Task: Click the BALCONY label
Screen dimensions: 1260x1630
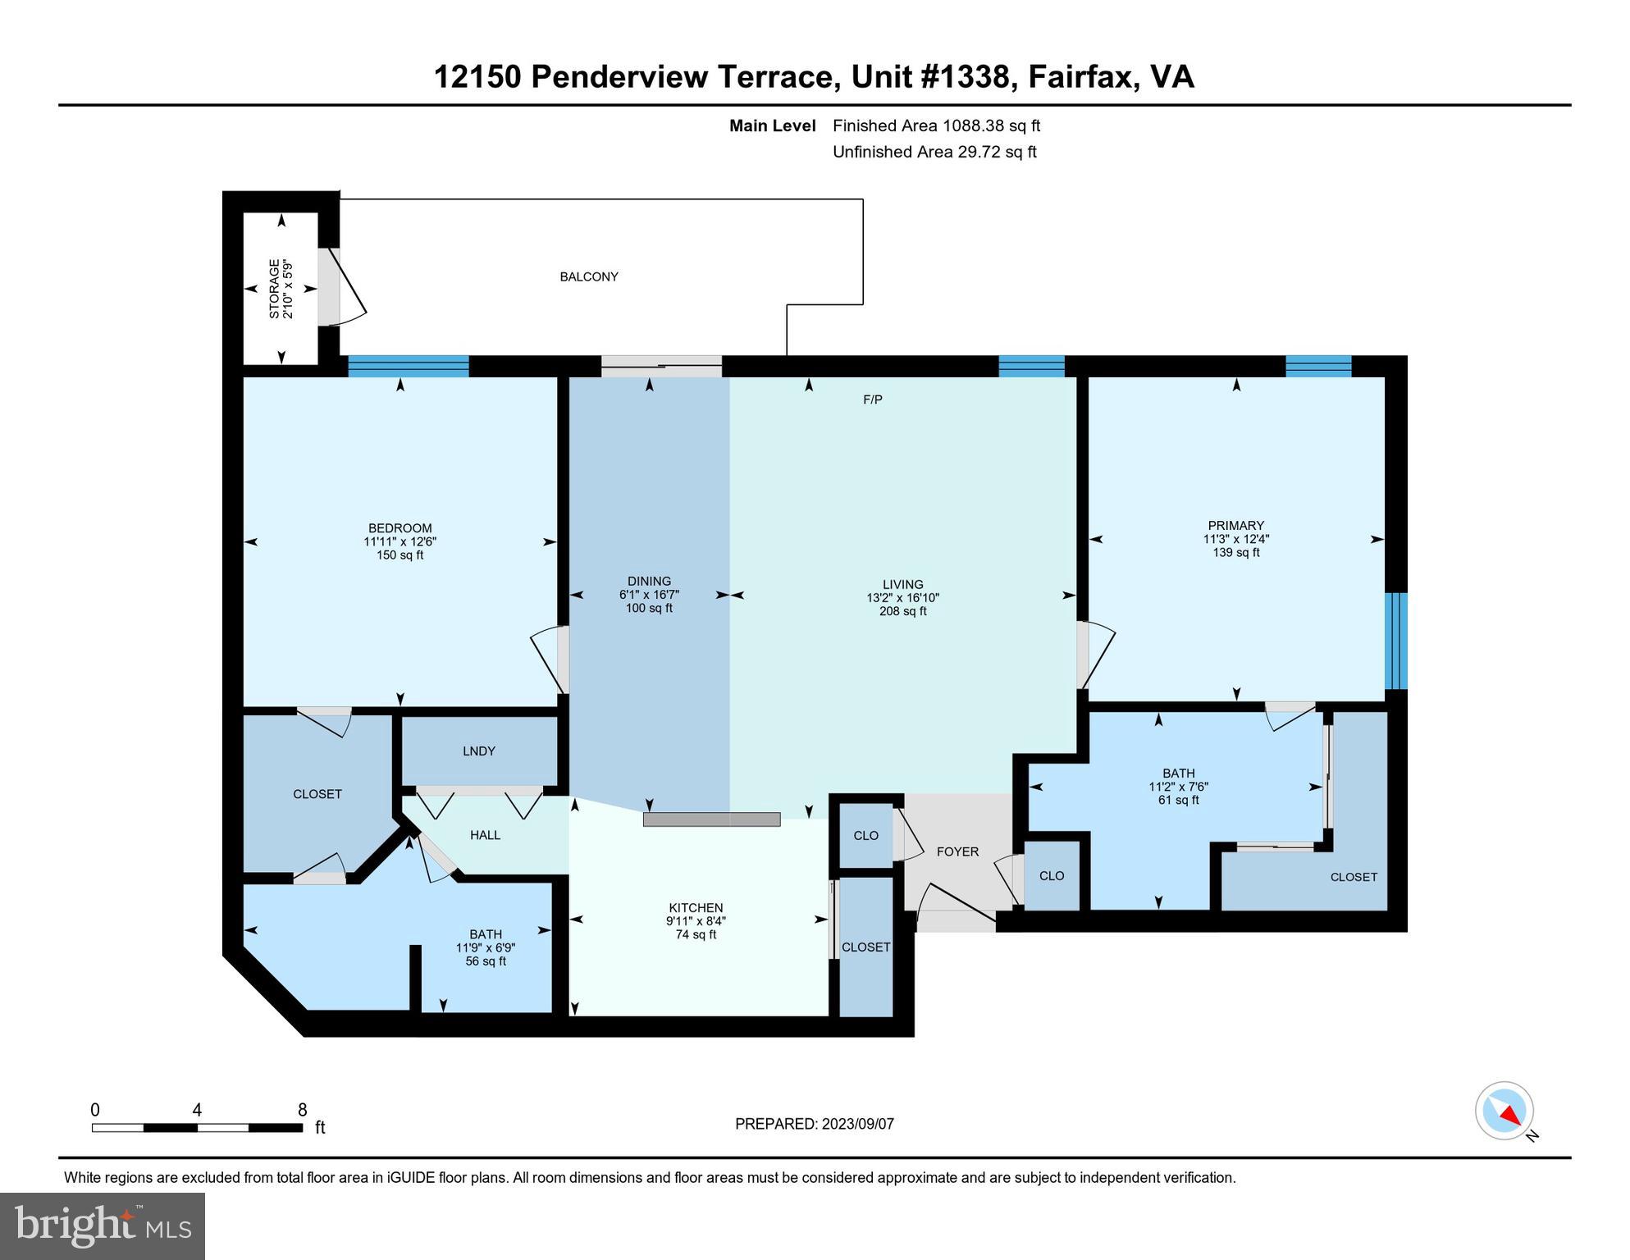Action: click(588, 277)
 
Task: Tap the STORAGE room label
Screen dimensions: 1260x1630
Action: click(274, 289)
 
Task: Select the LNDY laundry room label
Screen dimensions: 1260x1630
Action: click(478, 751)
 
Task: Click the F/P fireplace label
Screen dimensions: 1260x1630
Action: click(872, 400)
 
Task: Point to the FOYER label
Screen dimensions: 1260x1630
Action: click(957, 852)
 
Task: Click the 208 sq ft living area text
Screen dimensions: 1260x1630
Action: click(902, 612)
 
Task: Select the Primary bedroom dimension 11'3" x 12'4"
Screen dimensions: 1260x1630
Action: click(1235, 540)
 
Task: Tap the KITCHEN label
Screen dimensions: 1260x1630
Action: click(696, 908)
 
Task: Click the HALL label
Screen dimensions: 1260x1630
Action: click(485, 836)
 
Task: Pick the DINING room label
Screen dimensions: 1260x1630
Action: click(649, 582)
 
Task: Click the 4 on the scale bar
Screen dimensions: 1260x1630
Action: click(197, 1111)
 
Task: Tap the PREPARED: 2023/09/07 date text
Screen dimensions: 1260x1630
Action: click(814, 1125)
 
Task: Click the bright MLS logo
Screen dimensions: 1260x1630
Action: click(103, 1226)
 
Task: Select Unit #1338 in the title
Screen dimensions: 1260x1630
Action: click(929, 77)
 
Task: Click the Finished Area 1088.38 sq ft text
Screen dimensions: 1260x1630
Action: click(936, 126)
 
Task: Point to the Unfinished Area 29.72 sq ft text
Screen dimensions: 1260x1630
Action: click(934, 153)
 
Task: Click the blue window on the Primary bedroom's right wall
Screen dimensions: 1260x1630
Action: click(1395, 641)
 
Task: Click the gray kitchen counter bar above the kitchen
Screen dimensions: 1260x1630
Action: click(711, 819)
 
